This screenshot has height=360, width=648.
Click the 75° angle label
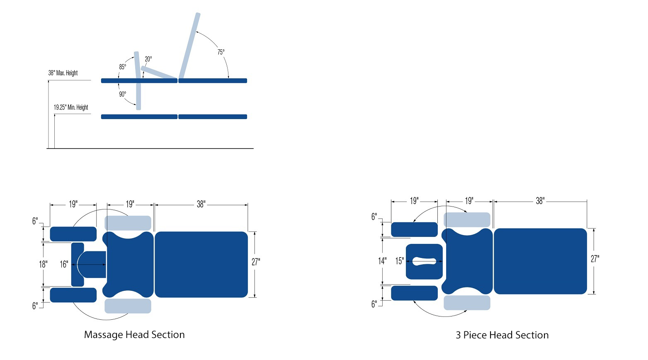[221, 52]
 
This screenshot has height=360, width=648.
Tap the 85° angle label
[123, 67]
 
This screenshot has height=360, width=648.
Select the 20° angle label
[148, 59]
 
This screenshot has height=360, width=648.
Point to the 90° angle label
[123, 94]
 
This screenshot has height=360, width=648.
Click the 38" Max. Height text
[63, 73]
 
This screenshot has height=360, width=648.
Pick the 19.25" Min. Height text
[71, 107]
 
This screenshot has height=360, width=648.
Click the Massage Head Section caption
[134, 335]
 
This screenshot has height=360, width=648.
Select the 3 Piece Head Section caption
[502, 335]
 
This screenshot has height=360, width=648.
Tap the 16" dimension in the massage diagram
[64, 264]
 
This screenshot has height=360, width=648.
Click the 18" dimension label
[43, 264]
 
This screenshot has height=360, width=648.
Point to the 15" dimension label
[400, 261]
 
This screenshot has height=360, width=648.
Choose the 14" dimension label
[382, 261]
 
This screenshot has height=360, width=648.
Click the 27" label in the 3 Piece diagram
[595, 259]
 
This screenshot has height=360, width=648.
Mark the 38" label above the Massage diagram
[201, 204]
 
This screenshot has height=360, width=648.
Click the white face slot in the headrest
[425, 261]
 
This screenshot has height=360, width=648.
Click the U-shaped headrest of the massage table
[78, 265]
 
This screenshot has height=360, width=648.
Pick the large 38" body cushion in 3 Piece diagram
[540, 261]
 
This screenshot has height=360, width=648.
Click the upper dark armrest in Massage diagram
[73, 234]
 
